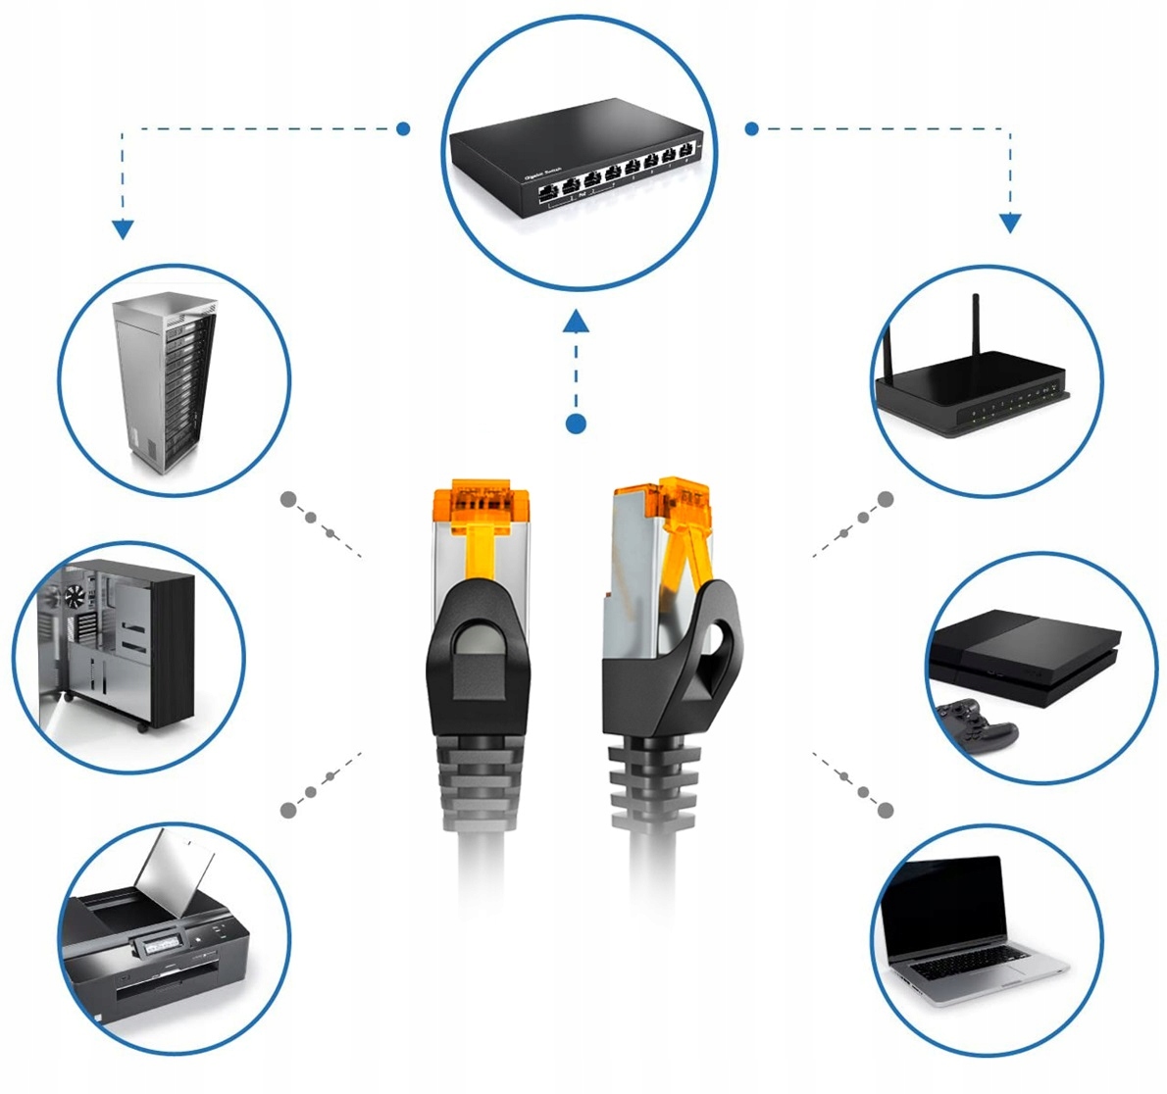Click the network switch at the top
pos(577,167)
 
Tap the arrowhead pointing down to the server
pos(123,230)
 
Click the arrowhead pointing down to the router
pos(1010,224)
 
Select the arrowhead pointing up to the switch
pos(577,321)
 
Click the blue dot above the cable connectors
pos(577,423)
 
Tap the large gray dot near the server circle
pos(288,499)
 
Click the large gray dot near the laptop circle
pos(886,810)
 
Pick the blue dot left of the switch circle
pos(402,128)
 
